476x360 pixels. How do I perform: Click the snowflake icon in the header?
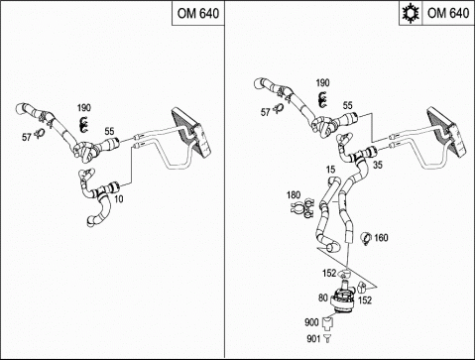coord(411,13)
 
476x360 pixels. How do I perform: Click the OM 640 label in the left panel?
coord(198,13)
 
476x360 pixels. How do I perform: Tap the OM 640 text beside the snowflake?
coord(448,13)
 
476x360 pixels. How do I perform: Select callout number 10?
coord(119,198)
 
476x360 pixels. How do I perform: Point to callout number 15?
coord(330,170)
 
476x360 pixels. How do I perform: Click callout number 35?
coord(378,165)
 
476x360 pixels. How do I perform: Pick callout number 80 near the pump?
coord(323,298)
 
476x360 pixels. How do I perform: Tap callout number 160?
coord(381,238)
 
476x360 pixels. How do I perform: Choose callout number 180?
coord(294,195)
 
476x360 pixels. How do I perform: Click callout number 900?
coord(311,322)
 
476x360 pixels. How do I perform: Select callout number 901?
coord(313,338)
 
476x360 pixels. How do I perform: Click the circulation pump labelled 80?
coord(342,298)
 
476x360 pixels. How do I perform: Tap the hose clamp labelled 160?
coord(366,239)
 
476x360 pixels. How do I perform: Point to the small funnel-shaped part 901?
coord(327,338)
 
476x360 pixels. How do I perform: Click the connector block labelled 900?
coord(327,322)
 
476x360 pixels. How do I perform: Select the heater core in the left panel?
coord(191,132)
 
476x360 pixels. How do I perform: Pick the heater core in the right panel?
coord(447,131)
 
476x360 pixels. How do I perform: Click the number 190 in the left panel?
coord(84,108)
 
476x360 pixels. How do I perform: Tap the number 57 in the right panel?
coord(266,112)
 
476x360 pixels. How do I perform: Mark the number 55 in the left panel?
coord(109,131)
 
